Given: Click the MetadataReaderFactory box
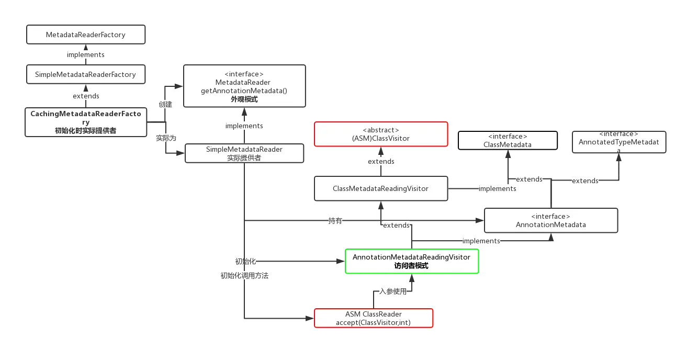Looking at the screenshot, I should [x=86, y=36].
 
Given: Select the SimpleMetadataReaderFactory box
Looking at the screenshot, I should [x=86, y=74].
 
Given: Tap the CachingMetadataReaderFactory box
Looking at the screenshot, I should [x=86, y=122].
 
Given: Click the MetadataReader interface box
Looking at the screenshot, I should [x=244, y=86].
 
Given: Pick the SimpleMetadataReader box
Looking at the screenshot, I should [x=244, y=153].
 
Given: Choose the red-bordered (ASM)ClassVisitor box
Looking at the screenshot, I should [x=381, y=134].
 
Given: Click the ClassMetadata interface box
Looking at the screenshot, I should [x=506, y=140].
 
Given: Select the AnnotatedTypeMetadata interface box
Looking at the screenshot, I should [x=618, y=142].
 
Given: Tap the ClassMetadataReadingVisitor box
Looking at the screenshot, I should [x=381, y=188].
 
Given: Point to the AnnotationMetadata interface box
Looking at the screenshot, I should [x=550, y=220].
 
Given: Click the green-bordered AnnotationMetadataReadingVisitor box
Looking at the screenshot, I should [x=411, y=261].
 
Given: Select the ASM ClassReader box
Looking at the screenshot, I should [x=374, y=318].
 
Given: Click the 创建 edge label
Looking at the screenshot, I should [x=165, y=104].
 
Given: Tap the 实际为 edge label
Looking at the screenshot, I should [x=166, y=138].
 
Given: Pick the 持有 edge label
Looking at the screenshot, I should [x=335, y=221].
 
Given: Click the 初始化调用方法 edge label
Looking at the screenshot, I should [x=244, y=275].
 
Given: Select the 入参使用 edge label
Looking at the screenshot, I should [x=392, y=291].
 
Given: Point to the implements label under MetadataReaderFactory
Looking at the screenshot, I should [x=86, y=54].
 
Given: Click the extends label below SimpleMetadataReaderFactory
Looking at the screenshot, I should [x=86, y=96].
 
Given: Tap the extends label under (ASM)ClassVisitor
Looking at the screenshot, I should [x=381, y=161].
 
